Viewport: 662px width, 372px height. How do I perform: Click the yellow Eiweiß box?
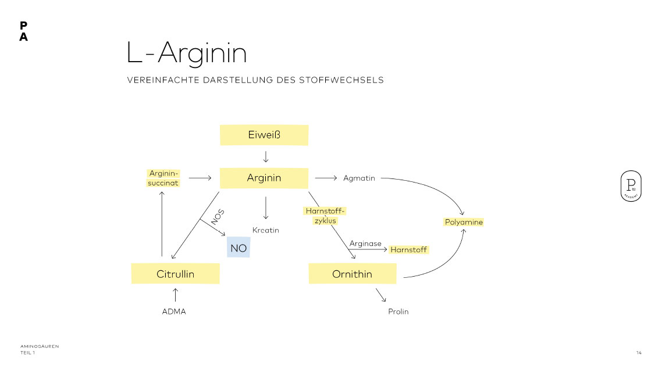[264, 135]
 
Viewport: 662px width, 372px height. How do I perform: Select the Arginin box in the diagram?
[264, 178]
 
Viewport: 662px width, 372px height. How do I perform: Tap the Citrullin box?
[175, 274]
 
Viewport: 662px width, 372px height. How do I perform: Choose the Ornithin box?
[352, 274]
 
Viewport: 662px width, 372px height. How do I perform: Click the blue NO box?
[239, 248]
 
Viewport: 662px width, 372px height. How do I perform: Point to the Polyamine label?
[464, 222]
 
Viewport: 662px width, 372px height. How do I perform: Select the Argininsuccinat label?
[163, 178]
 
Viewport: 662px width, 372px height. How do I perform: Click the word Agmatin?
[359, 178]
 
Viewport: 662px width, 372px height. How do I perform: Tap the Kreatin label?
[266, 230]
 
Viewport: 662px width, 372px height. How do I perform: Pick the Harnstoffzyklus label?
[325, 216]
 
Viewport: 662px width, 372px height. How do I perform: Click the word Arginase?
[365, 244]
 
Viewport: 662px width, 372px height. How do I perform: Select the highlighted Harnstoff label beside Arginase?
[408, 249]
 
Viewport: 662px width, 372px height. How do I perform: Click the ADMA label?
[174, 312]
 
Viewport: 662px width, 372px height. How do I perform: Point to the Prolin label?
[398, 312]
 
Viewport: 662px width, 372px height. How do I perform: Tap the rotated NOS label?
[218, 217]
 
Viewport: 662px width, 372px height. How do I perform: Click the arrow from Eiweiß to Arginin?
[266, 156]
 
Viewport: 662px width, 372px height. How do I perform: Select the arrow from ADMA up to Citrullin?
[175, 294]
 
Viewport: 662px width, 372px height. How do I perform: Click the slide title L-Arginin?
[187, 53]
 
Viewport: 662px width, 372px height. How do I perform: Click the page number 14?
[639, 353]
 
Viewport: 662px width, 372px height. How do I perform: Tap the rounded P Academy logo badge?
[631, 187]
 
